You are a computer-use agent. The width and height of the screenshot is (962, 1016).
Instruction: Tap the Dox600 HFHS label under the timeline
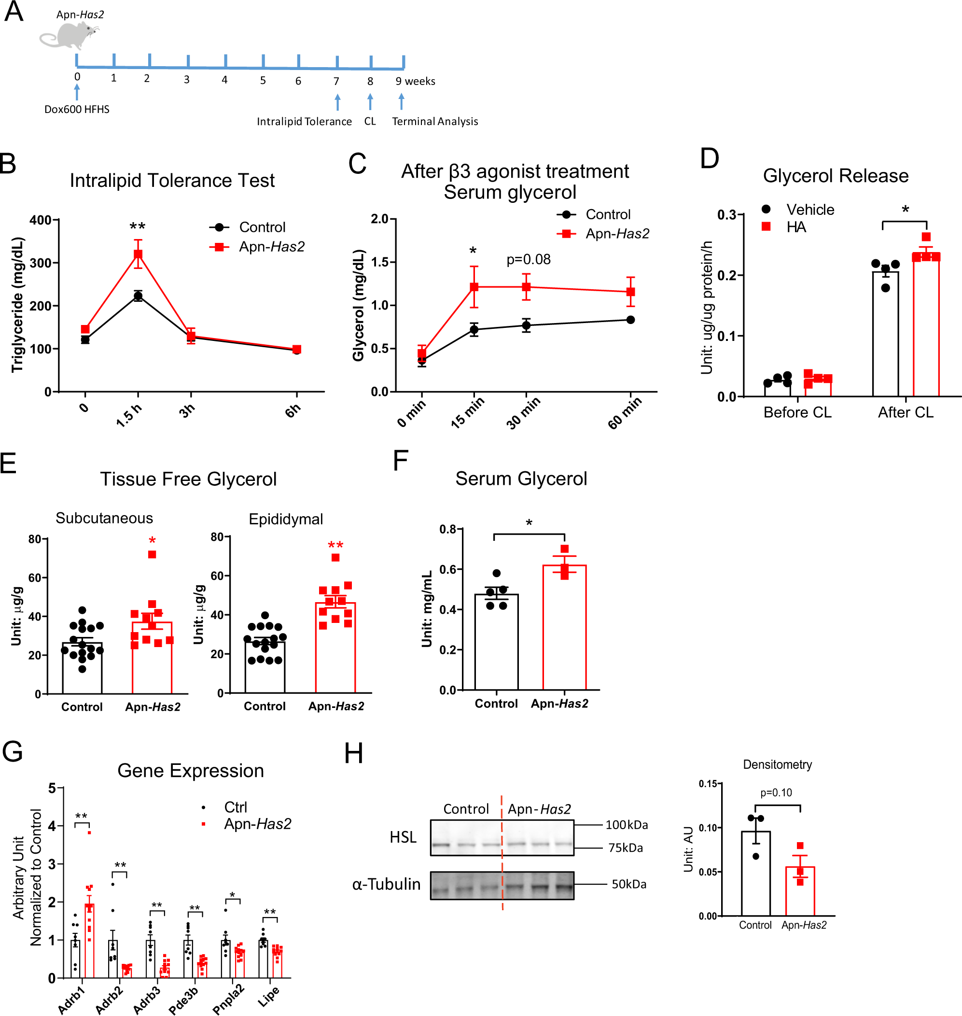(77, 109)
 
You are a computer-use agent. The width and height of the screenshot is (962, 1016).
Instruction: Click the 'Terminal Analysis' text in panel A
(435, 122)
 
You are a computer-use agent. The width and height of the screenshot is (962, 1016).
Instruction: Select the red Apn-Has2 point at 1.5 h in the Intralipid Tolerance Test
(138, 254)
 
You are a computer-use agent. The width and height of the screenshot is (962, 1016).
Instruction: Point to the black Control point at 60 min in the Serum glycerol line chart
(630, 320)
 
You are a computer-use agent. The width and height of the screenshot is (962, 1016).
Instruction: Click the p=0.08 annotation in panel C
(528, 259)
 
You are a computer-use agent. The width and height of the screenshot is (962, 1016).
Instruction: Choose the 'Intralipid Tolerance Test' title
(172, 181)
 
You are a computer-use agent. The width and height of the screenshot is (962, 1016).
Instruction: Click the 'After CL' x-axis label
(905, 412)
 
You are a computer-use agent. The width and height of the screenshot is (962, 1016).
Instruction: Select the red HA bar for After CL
(926, 328)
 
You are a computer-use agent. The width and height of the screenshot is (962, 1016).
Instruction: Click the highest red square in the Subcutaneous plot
(152, 554)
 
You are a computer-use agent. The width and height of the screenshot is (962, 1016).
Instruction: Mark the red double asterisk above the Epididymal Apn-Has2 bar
(335, 545)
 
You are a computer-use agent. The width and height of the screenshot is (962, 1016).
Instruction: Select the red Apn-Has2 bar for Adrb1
(89, 944)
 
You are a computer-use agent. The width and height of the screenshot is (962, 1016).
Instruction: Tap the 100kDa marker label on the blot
(626, 825)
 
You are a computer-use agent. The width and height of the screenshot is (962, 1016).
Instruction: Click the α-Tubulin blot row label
(386, 884)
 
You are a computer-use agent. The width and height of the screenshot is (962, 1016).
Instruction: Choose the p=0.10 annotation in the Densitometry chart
(775, 793)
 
